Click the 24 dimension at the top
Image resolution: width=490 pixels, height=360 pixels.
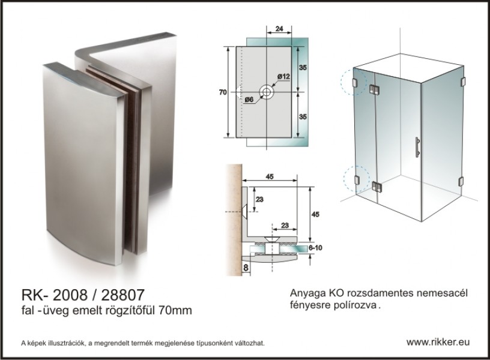[x=279, y=29]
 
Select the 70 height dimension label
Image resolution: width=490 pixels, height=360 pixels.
[x=223, y=92]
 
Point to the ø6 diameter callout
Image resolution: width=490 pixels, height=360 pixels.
[x=249, y=100]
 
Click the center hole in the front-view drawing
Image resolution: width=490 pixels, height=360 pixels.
[x=267, y=92]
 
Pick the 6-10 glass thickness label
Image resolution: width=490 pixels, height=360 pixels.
[x=315, y=248]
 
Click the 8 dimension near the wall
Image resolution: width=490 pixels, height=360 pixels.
[x=246, y=268]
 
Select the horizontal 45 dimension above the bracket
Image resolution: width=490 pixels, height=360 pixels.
[x=270, y=177]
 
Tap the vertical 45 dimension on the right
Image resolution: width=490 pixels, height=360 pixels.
[x=315, y=215]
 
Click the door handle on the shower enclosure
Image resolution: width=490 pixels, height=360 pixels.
[x=417, y=148]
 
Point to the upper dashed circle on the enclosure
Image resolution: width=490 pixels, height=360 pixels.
[x=354, y=82]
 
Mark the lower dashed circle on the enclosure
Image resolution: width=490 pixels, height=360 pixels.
[x=357, y=179]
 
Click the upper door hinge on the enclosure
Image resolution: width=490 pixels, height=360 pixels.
[x=374, y=89]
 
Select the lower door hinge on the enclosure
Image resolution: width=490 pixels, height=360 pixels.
[x=377, y=187]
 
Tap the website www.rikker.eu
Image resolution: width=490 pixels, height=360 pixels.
[x=438, y=342]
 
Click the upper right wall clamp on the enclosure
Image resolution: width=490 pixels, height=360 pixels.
[x=463, y=82]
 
